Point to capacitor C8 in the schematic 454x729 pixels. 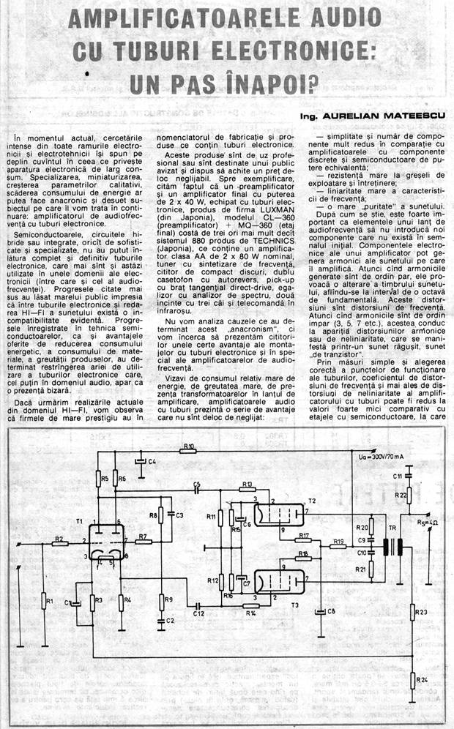point(320,611)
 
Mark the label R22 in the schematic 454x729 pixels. point(401,496)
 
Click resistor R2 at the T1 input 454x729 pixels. point(58,543)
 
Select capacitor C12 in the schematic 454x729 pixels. point(198,607)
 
